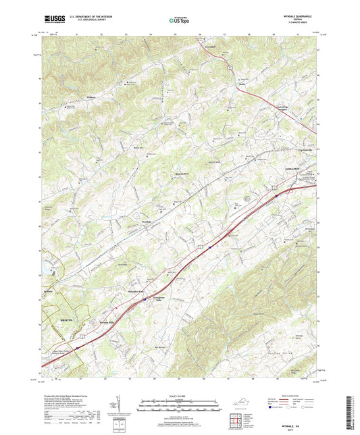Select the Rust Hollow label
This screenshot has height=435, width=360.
(x=176, y=174)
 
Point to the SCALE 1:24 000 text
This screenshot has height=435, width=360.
(x=179, y=394)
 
